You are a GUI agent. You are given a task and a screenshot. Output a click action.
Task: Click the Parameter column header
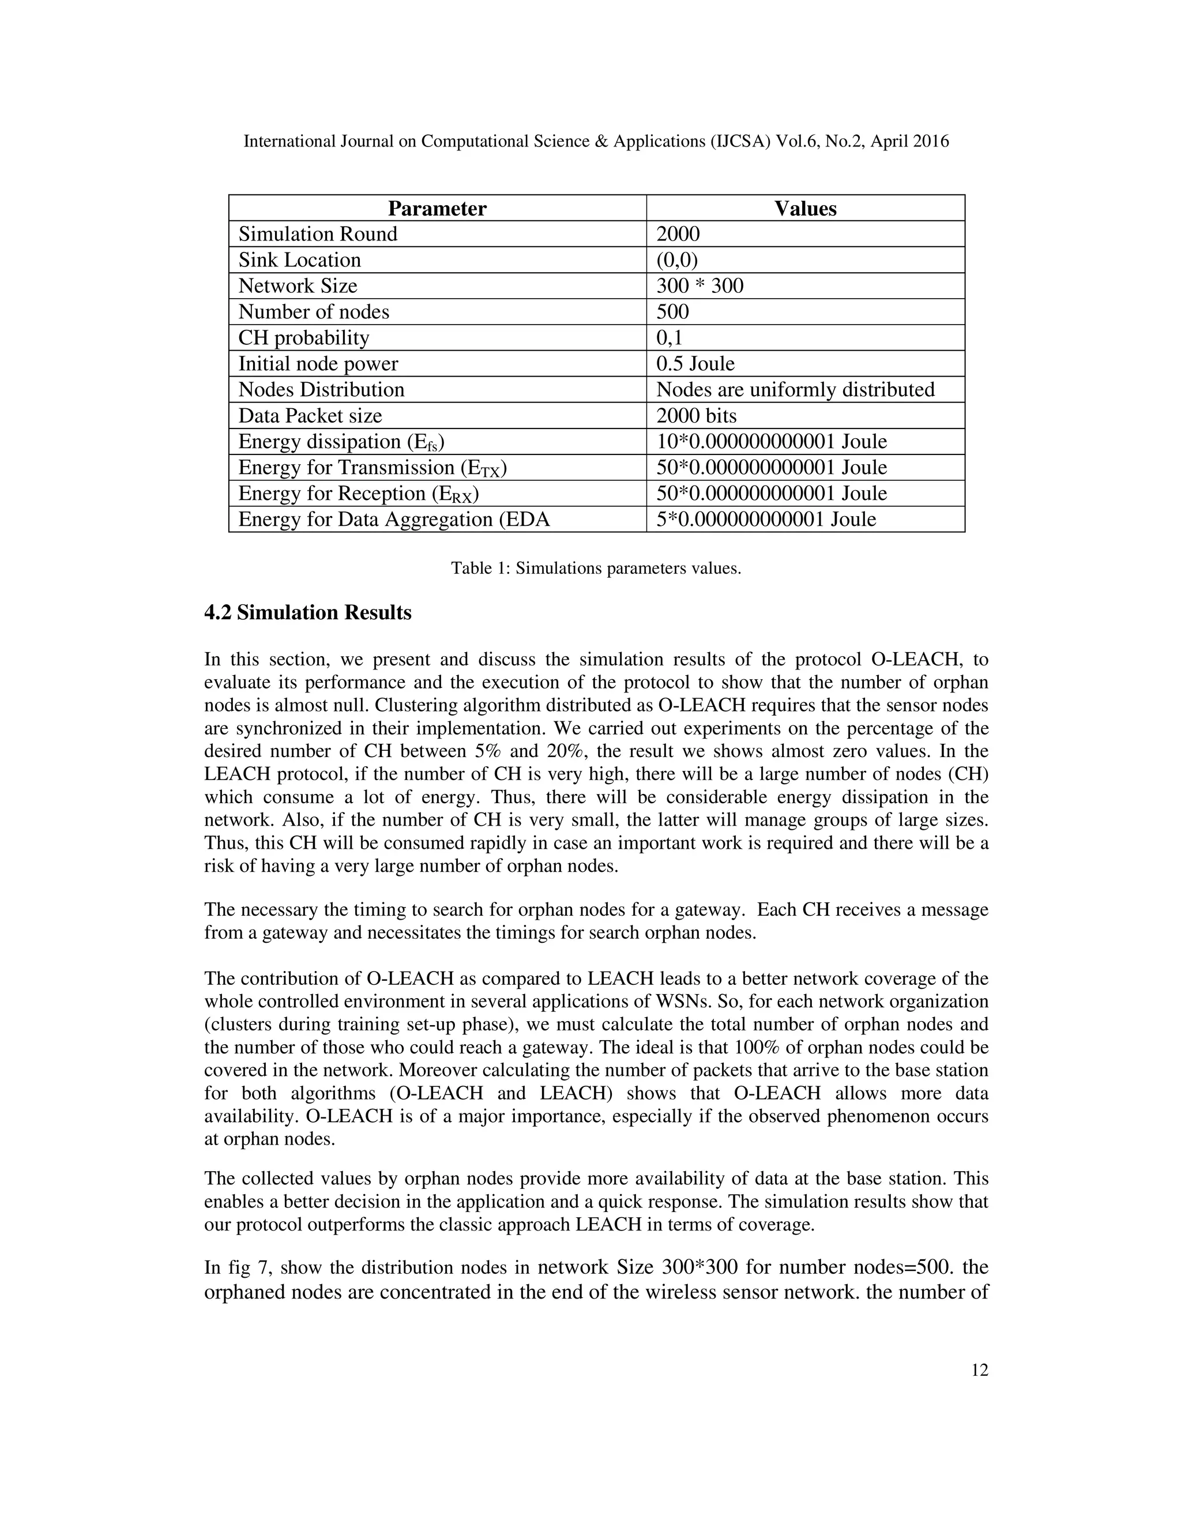437,209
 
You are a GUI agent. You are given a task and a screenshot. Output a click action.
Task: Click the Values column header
804,209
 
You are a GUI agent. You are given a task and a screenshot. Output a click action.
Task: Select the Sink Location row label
299,260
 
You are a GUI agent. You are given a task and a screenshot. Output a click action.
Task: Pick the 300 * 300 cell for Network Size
699,286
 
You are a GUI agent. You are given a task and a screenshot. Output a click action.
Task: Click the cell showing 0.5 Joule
695,364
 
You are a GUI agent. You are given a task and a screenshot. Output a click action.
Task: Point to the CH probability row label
304,338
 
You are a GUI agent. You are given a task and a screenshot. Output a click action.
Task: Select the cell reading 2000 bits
696,416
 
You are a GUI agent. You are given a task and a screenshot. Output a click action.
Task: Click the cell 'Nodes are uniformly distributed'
795,390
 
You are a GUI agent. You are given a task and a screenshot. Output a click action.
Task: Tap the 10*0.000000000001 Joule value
771,442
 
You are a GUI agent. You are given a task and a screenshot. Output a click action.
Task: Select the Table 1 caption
595,568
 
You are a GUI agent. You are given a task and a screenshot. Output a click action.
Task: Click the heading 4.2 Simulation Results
308,613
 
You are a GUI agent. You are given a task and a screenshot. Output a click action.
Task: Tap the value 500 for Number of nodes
672,312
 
